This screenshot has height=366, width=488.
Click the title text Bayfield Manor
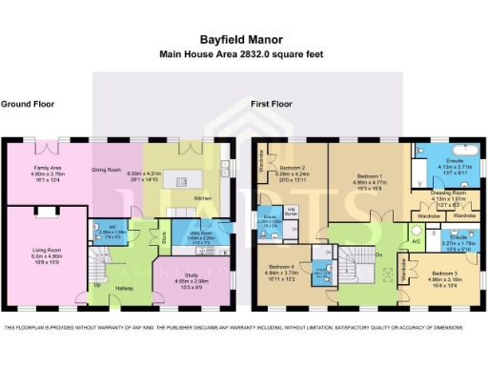click(243, 40)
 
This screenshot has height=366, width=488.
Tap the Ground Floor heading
click(26, 103)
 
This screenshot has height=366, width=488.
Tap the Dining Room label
click(109, 170)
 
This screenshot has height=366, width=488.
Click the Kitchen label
click(203, 198)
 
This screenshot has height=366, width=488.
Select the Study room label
click(193, 276)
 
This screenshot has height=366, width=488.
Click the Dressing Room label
click(434, 193)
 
